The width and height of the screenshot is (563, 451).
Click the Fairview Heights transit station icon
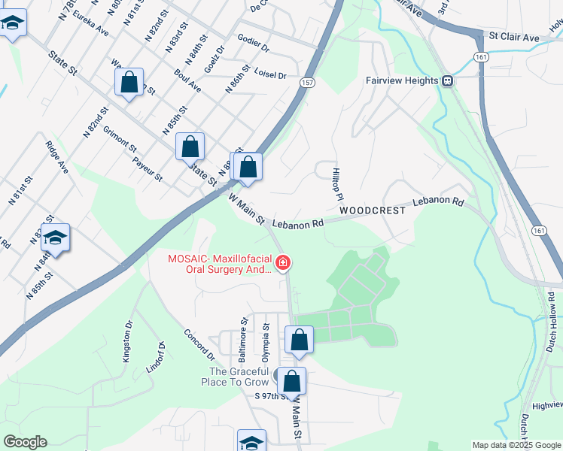447,80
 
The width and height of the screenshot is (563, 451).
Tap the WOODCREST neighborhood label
372,211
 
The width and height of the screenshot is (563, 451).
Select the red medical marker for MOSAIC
283,262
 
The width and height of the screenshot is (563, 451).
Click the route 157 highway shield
309,83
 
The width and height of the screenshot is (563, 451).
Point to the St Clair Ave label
514,37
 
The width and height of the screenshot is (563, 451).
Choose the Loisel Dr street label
270,74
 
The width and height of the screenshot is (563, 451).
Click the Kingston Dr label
128,343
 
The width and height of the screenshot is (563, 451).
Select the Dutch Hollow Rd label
552,311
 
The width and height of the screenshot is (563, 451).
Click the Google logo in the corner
25,442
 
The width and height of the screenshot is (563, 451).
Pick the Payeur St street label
148,168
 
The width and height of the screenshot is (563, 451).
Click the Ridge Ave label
57,157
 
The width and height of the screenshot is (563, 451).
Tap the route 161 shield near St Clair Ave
479,57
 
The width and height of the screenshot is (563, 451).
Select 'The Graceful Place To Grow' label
239,377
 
